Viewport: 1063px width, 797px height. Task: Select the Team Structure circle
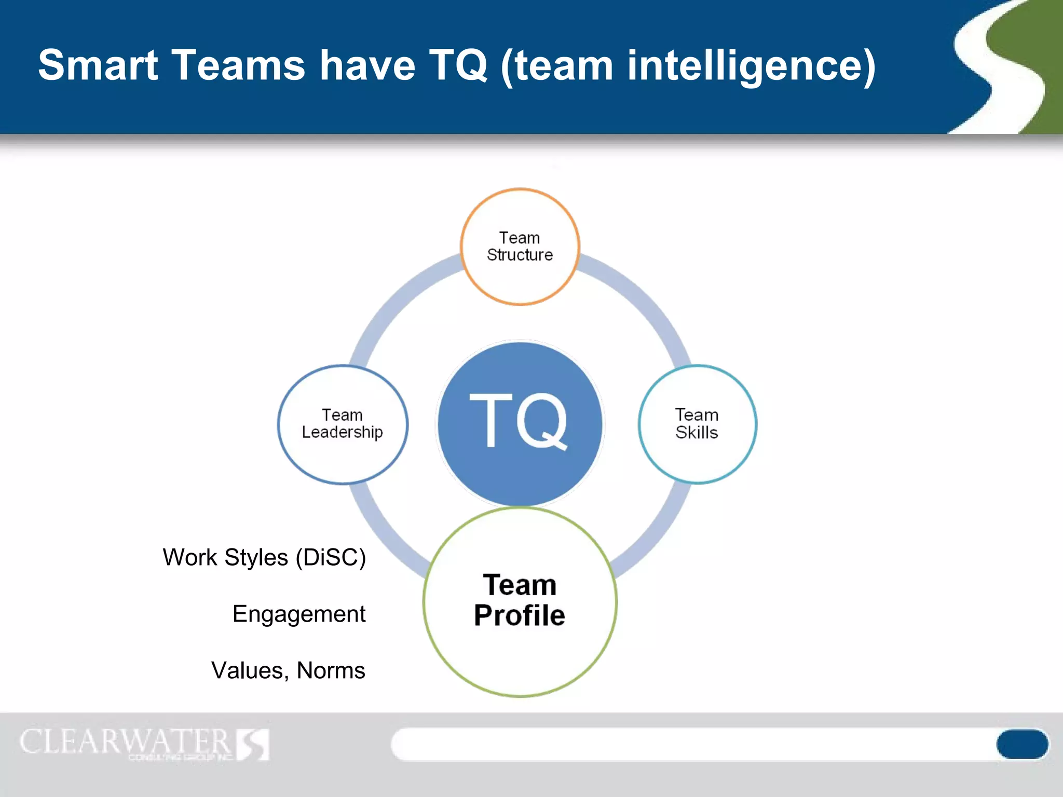click(520, 247)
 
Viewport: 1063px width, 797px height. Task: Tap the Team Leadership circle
click(343, 424)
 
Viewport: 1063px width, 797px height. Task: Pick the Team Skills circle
click(697, 424)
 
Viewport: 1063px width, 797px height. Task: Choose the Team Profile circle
click(520, 602)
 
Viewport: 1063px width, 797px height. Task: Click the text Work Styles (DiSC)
click(264, 558)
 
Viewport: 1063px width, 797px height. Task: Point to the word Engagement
click(299, 614)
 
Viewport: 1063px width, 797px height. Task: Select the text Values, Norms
click(288, 670)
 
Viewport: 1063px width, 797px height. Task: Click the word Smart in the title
click(98, 65)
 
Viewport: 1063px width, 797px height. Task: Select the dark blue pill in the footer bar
click(1021, 744)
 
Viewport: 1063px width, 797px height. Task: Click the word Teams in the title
click(238, 65)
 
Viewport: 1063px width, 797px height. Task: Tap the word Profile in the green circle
click(520, 616)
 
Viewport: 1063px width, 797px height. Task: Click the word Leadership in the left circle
click(343, 432)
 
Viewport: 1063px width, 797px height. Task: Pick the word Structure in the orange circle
click(520, 255)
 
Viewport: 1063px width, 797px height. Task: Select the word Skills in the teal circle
click(697, 433)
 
